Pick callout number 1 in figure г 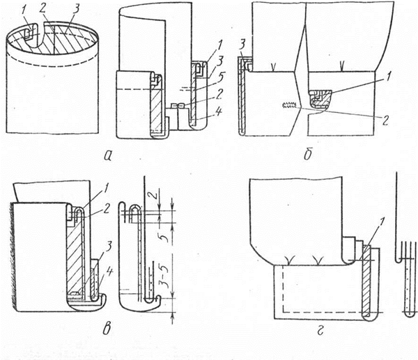(377, 224)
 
